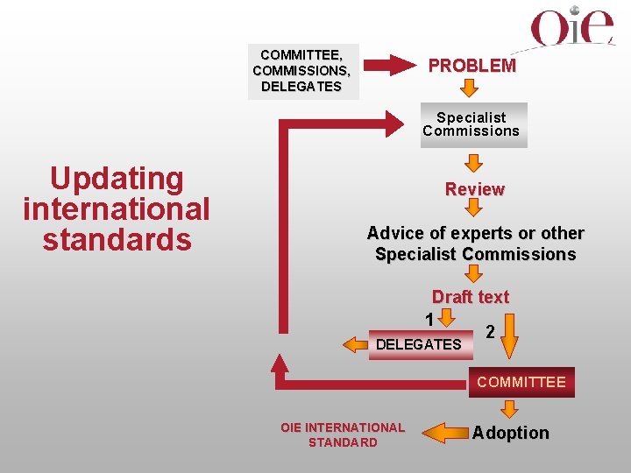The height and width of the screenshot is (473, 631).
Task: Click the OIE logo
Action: click(x=572, y=28)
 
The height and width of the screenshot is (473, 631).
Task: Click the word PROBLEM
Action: click(x=471, y=66)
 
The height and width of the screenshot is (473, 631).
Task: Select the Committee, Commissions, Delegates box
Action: click(x=302, y=70)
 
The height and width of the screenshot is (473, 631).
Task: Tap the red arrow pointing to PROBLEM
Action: click(x=388, y=65)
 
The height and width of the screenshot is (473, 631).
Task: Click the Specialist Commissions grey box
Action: click(x=471, y=124)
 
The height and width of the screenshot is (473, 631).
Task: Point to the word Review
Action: click(x=474, y=189)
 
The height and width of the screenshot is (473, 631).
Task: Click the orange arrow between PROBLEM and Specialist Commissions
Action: click(x=471, y=88)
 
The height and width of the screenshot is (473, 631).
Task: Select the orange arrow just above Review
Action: click(x=473, y=163)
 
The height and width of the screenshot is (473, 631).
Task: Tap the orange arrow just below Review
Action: click(x=473, y=208)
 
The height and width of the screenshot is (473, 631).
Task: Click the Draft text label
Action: click(x=470, y=297)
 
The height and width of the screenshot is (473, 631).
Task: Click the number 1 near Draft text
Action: click(x=429, y=316)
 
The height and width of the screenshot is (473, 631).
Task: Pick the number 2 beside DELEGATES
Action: click(x=491, y=332)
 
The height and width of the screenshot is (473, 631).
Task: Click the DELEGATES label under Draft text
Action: click(x=418, y=344)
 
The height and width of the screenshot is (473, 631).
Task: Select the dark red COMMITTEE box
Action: click(x=521, y=382)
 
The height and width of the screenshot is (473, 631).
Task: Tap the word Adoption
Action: click(x=511, y=433)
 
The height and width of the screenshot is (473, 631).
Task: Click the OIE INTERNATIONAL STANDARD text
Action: click(x=343, y=434)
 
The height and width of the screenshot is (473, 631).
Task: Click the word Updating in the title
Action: click(x=117, y=179)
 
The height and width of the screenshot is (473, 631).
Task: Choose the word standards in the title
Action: click(x=117, y=239)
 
